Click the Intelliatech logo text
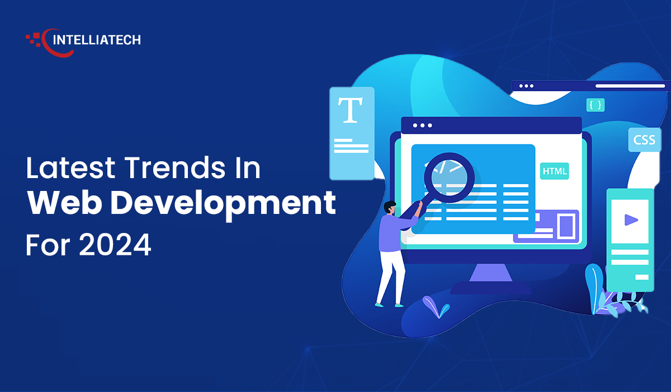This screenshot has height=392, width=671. [96, 40]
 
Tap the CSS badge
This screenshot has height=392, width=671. [644, 140]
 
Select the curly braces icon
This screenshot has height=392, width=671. [595, 105]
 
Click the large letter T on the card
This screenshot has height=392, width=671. [351, 110]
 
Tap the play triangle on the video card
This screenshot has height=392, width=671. [631, 220]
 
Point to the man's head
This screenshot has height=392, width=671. [390, 207]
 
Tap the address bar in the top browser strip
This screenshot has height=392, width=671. [630, 86]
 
